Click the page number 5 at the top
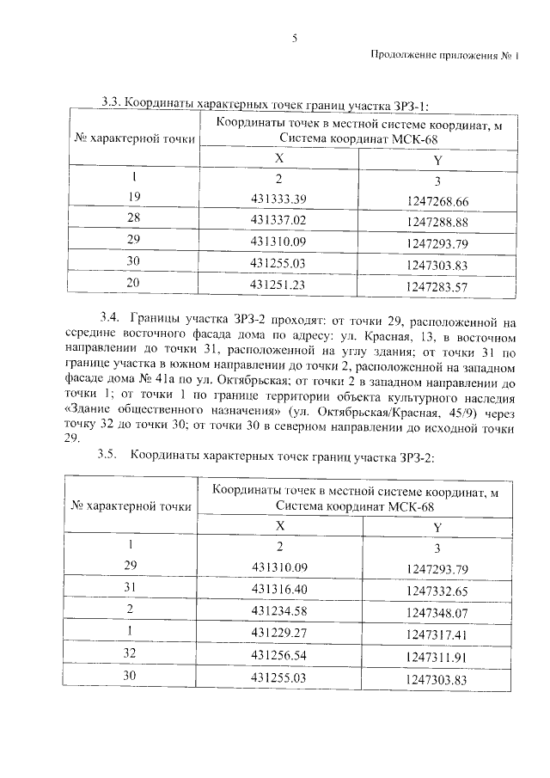(294, 38)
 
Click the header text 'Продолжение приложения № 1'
(446, 56)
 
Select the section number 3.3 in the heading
(111, 104)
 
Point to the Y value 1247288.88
(437, 221)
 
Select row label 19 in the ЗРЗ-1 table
(133, 199)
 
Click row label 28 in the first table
(133, 220)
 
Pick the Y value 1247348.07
(437, 612)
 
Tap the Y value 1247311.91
(437, 656)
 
